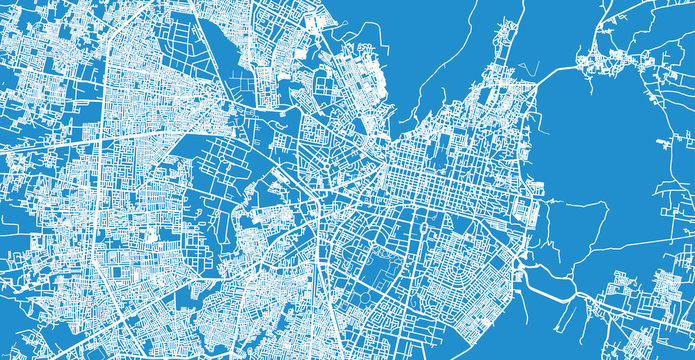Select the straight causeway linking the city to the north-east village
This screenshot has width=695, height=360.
560,70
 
